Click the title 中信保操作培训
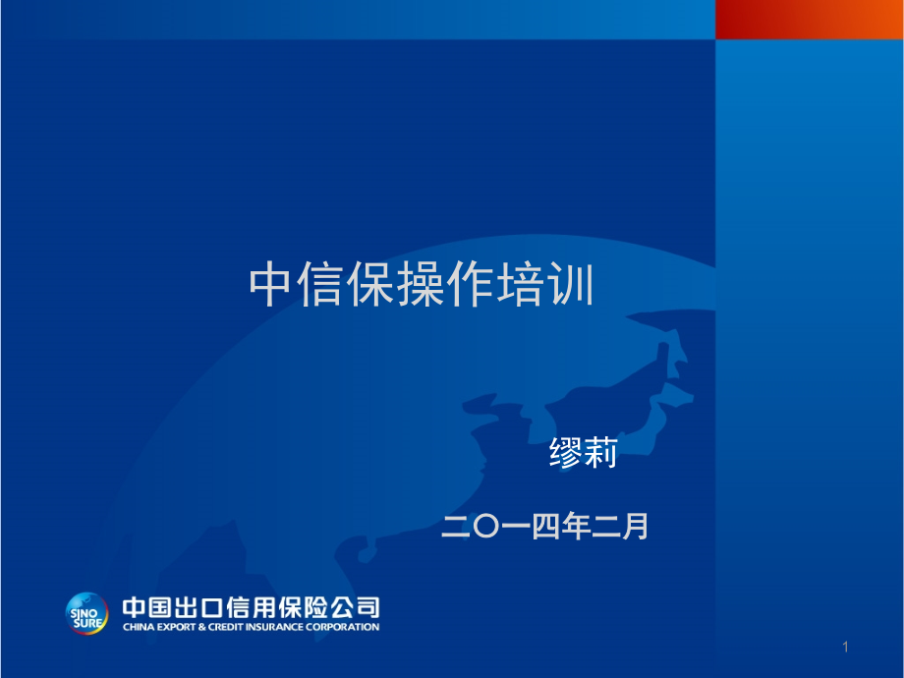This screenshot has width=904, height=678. point(421,284)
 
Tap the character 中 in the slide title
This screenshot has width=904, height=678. point(270,284)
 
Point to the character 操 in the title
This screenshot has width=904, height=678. point(421,284)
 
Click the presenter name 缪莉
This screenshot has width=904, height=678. point(584,452)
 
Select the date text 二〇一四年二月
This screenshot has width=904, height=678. point(544,526)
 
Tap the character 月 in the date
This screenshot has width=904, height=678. point(635,526)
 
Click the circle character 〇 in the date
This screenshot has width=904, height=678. point(486,527)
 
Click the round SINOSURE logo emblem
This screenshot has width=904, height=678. point(86,613)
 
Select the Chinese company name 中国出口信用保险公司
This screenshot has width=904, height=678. point(251,607)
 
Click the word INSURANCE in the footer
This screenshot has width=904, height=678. point(274,627)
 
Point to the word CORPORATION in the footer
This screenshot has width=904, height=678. point(343,627)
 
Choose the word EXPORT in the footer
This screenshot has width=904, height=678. point(177,627)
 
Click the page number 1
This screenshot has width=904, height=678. point(845,647)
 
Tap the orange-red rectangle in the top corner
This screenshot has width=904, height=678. point(810,20)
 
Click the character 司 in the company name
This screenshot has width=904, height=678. point(367,607)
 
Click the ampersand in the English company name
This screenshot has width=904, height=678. point(201,627)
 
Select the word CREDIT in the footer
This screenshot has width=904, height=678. point(226,627)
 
